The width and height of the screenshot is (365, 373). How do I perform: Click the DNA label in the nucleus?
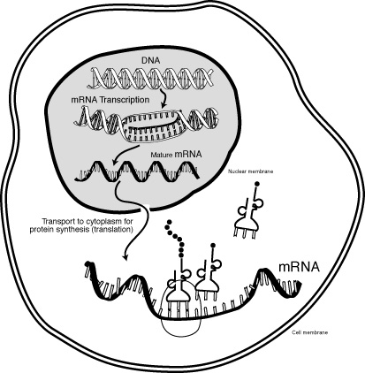[150, 60]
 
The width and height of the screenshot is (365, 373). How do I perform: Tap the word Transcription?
[125, 100]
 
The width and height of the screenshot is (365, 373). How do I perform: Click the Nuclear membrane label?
[250, 171]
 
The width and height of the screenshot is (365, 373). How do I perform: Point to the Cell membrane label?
[309, 332]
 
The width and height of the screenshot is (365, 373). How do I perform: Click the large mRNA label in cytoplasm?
[299, 267]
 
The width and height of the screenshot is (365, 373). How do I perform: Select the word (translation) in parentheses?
[110, 229]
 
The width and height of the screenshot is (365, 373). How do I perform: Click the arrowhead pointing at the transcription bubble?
[163, 104]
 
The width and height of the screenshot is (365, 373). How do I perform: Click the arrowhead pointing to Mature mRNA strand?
[113, 163]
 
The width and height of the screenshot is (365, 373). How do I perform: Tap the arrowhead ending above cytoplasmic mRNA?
[125, 256]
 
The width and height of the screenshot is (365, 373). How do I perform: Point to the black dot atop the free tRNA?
[257, 184]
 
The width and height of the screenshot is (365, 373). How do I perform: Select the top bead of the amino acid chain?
[169, 222]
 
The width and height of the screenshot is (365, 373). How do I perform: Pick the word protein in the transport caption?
[41, 229]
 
